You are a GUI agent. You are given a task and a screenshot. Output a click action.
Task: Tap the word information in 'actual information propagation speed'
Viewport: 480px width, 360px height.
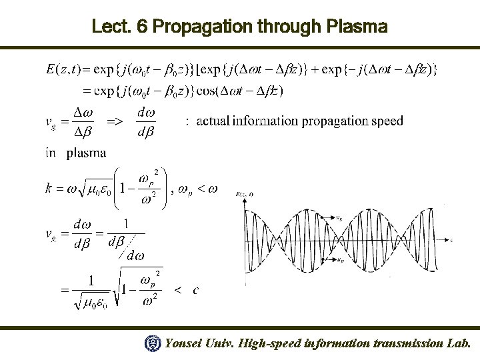[x=263, y=121]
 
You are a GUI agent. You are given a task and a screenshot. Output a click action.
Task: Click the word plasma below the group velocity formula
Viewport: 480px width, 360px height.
[x=86, y=153]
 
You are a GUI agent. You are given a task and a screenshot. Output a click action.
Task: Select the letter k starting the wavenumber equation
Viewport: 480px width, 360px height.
[x=49, y=189]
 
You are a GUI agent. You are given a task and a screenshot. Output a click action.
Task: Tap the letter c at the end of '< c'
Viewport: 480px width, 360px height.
[x=195, y=291]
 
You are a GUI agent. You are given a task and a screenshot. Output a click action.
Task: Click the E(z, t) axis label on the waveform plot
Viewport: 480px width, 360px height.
[x=246, y=193]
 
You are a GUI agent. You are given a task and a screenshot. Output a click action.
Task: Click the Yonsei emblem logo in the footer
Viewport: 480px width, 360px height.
[x=153, y=343]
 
